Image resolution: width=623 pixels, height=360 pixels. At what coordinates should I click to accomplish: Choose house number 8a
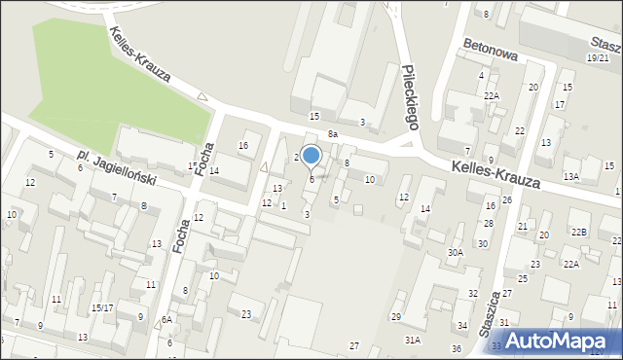332,133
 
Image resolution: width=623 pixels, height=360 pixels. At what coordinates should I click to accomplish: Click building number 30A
455,252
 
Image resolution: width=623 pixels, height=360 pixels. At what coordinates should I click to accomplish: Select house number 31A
413,339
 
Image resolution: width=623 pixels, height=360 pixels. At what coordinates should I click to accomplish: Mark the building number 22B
579,232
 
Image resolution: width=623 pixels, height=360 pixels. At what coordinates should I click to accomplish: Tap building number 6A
166,319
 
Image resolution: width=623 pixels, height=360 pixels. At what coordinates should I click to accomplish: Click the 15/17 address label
102,307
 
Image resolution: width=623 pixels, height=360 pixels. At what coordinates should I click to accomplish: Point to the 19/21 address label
598,58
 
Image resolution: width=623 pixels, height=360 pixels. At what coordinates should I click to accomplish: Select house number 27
354,346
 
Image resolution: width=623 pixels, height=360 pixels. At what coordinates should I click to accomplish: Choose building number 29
396,317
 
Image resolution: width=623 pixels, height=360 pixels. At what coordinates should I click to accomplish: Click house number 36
456,348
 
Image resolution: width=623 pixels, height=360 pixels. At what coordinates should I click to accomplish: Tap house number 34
461,326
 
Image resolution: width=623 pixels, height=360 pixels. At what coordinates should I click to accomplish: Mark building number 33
496,345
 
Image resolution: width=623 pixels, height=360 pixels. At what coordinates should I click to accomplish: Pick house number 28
489,224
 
